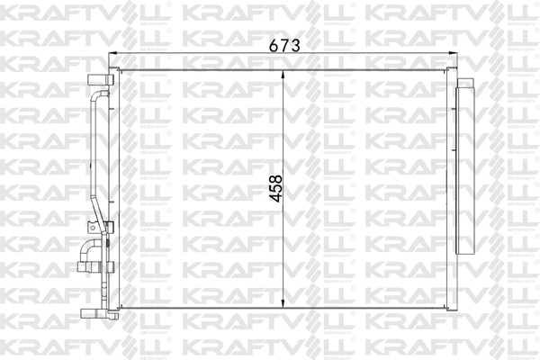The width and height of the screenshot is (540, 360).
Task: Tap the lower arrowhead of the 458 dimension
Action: click(284, 303)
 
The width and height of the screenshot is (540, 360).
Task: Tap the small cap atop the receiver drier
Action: click(466, 83)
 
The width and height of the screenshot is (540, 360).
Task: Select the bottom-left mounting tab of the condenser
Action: click(91, 312)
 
